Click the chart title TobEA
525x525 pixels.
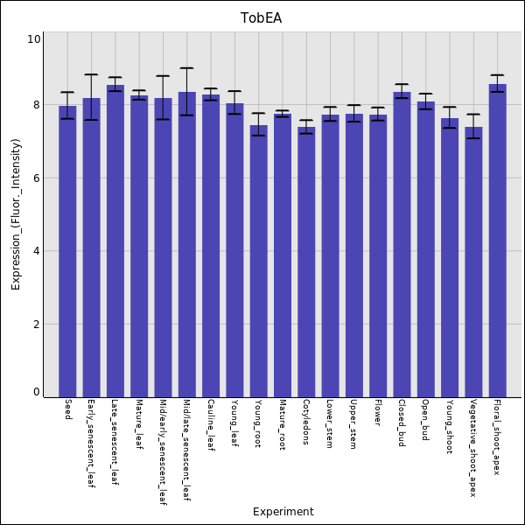[x=262, y=18]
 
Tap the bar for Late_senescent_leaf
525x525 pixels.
[x=115, y=241]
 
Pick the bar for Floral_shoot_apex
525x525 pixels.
[x=497, y=241]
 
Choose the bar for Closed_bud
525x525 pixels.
[x=402, y=244]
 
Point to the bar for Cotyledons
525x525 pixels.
[x=306, y=262]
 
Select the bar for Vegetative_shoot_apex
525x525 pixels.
[x=473, y=262]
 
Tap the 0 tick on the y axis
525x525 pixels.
[x=36, y=392]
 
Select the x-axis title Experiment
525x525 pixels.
[x=283, y=512]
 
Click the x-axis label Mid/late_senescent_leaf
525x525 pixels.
[x=186, y=451]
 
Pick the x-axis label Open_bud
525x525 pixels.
[x=425, y=420]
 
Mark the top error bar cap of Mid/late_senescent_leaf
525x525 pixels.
[x=186, y=67]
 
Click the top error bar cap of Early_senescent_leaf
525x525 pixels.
[x=91, y=74]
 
